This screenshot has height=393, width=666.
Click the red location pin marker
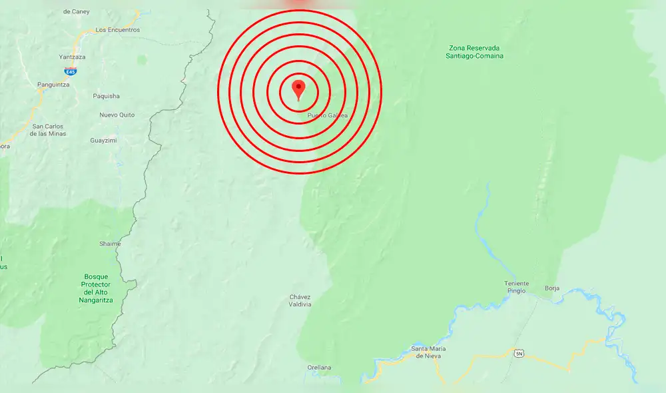tap(299, 89)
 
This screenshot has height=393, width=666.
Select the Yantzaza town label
tap(73, 57)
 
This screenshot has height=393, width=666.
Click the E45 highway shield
tap(70, 71)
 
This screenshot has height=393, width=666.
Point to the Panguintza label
tap(54, 85)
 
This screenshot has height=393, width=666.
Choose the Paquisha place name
tap(107, 96)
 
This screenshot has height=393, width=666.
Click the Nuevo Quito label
tap(117, 115)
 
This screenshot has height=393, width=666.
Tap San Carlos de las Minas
tap(48, 130)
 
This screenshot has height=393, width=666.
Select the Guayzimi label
tap(104, 141)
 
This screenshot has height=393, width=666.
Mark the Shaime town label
tap(110, 244)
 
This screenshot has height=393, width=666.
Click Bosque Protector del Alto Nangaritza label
tap(96, 288)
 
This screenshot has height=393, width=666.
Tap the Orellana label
tap(319, 368)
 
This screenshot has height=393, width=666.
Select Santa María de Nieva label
tap(428, 352)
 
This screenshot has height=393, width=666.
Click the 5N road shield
tap(519, 353)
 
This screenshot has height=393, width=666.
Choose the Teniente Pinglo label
tap(516, 287)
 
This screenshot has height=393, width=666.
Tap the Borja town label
tap(552, 288)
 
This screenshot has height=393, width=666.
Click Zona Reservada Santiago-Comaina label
tap(474, 52)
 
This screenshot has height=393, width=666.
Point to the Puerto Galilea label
tap(328, 115)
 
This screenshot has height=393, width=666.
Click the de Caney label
tap(75, 11)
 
